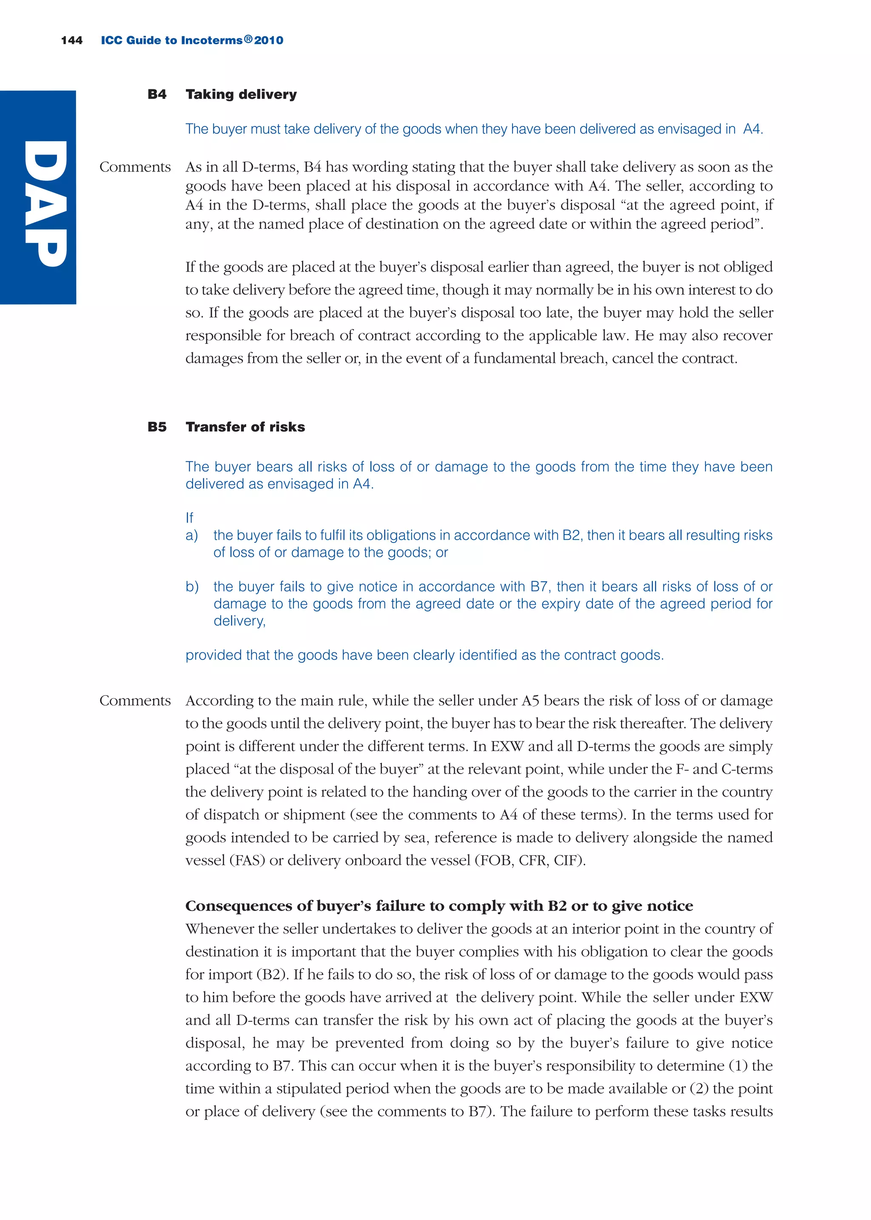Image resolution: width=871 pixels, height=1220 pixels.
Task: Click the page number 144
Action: pyautogui.click(x=71, y=40)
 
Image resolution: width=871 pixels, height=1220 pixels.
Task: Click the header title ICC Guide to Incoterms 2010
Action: pyautogui.click(x=192, y=40)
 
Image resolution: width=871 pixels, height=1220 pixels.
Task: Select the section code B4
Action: pyautogui.click(x=157, y=94)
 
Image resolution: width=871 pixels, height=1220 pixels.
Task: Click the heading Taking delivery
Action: pyautogui.click(x=241, y=94)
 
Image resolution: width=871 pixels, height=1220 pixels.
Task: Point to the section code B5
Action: pyautogui.click(x=157, y=427)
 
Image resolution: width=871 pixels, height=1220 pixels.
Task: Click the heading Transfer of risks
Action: pyautogui.click(x=245, y=427)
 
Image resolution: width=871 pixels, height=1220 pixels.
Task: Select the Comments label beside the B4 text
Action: pyautogui.click(x=135, y=167)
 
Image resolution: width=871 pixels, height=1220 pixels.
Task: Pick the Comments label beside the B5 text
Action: pyautogui.click(x=135, y=701)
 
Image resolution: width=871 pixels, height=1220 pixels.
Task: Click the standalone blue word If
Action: pyautogui.click(x=189, y=518)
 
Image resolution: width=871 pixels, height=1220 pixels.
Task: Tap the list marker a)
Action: pyautogui.click(x=191, y=535)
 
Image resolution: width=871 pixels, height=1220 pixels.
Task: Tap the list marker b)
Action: pyautogui.click(x=191, y=587)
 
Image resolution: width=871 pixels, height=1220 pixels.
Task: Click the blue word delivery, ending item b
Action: pyautogui.click(x=239, y=621)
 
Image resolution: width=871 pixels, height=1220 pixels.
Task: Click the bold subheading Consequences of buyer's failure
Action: pyautogui.click(x=439, y=906)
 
